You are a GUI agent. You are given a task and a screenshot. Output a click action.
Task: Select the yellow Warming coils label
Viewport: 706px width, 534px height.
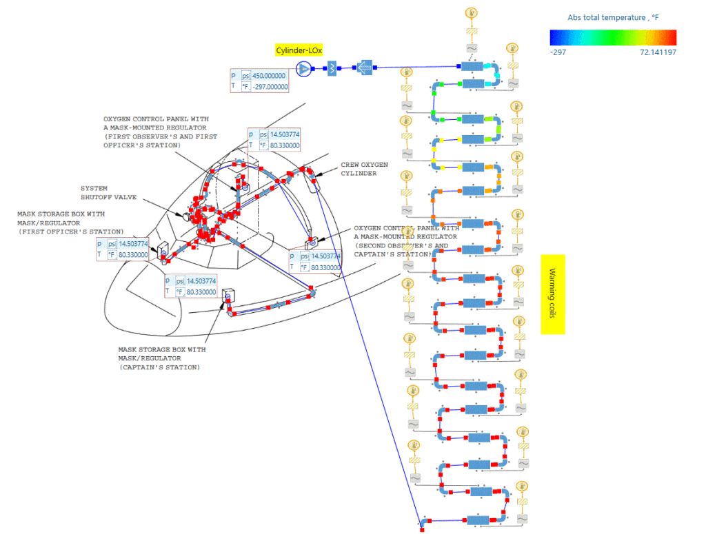click(x=552, y=294)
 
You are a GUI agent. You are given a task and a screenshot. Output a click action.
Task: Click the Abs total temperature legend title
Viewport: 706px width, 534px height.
click(x=613, y=17)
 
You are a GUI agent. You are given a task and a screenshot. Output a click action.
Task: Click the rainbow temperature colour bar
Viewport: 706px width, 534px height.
click(x=613, y=37)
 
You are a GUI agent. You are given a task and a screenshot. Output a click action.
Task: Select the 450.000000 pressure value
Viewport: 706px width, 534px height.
click(x=269, y=75)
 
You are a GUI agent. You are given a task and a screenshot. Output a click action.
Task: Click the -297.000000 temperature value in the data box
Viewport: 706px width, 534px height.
click(x=269, y=87)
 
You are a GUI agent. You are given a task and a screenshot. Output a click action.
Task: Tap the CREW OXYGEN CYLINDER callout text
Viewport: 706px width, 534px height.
click(x=364, y=169)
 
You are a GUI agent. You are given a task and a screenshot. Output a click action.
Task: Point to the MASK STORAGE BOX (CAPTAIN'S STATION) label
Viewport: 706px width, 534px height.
click(x=161, y=358)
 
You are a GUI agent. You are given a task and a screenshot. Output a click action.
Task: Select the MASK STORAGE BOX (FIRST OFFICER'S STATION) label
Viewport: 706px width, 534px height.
click(x=70, y=223)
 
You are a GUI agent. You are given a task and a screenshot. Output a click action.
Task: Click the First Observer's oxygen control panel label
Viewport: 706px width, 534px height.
click(x=160, y=132)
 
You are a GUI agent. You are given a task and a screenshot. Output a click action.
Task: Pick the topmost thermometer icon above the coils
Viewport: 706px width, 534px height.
click(x=472, y=12)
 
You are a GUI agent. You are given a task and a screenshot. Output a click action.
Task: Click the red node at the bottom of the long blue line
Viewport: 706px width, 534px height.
click(x=422, y=528)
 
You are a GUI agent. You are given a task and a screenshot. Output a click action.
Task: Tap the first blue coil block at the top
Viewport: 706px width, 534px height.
click(x=473, y=67)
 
